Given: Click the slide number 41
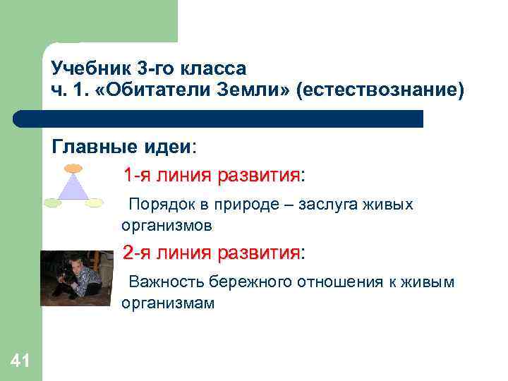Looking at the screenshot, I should pos(20,362).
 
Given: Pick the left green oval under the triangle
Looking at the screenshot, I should pos(53,203).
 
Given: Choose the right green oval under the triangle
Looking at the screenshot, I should pos(95,203).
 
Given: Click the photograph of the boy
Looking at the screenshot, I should pos(76,277).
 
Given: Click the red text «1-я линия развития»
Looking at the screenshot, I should pos(211,175).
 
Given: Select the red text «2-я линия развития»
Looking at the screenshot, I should pos(211,253).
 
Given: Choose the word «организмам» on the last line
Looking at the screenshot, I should pos(167,304).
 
